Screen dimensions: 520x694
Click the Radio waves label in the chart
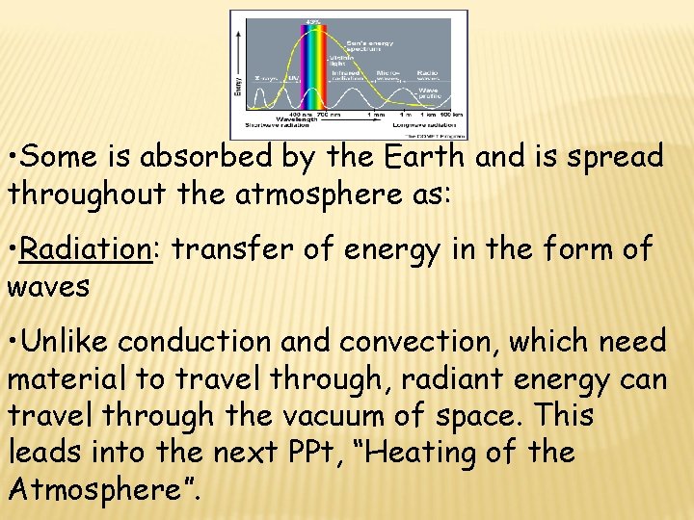[426, 73]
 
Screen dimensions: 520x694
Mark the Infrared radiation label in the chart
[344, 73]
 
